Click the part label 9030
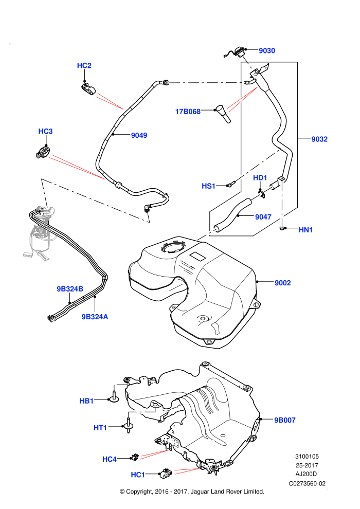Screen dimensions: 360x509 click(x=267, y=50)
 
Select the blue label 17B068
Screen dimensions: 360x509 click(x=188, y=112)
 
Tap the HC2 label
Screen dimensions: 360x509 click(x=84, y=66)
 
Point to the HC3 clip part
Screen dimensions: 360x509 click(x=43, y=152)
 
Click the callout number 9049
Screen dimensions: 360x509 click(x=139, y=135)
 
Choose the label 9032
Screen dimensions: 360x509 click(x=319, y=139)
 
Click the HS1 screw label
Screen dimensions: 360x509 click(x=208, y=186)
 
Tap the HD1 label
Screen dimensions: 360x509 click(x=260, y=178)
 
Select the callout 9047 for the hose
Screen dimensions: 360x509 click(x=263, y=217)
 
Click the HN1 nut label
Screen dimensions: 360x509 click(x=305, y=230)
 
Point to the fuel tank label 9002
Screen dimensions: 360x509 click(x=283, y=283)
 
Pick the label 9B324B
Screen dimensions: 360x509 click(x=70, y=289)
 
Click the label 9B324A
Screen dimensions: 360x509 click(x=95, y=317)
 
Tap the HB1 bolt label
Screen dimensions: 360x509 click(x=86, y=401)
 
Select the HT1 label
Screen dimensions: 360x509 click(x=100, y=428)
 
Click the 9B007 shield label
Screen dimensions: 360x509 click(x=285, y=420)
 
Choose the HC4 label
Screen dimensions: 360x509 click(x=110, y=459)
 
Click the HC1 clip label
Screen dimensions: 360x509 click(x=138, y=475)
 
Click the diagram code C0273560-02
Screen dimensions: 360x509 click(x=307, y=484)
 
